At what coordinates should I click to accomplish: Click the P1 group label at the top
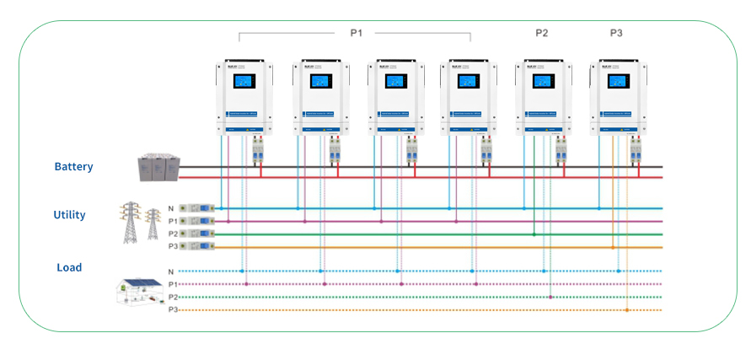click(356, 33)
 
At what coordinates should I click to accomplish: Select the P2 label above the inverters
click(541, 33)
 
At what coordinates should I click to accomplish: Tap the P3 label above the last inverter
click(616, 33)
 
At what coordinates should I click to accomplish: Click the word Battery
click(73, 167)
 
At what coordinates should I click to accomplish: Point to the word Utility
click(69, 215)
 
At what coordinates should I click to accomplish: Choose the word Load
click(69, 267)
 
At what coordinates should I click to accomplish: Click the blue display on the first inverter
click(244, 82)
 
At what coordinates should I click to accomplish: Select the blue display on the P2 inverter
click(540, 82)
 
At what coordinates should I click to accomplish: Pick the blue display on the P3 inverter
click(615, 82)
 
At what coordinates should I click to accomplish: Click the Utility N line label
click(172, 207)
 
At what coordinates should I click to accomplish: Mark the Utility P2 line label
click(172, 234)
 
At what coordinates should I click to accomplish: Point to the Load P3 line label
click(172, 310)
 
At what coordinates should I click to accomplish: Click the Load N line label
click(171, 271)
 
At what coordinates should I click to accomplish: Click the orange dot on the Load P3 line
click(627, 310)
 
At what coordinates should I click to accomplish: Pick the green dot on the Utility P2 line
click(534, 234)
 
